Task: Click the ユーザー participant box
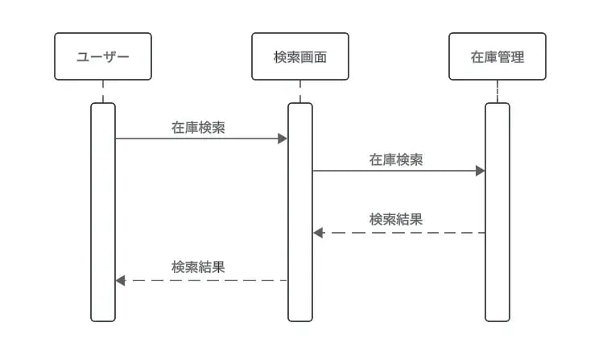pyautogui.click(x=103, y=56)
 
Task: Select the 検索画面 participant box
pyautogui.click(x=300, y=56)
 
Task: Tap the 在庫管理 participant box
pyautogui.click(x=497, y=56)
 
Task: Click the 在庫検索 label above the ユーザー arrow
pyautogui.click(x=198, y=126)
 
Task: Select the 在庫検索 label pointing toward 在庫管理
pyautogui.click(x=396, y=159)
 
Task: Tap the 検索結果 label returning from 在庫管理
pyautogui.click(x=396, y=219)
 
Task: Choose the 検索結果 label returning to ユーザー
pyautogui.click(x=198, y=267)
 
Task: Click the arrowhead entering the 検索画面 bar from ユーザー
pyautogui.click(x=283, y=139)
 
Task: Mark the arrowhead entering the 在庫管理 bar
pyautogui.click(x=481, y=171)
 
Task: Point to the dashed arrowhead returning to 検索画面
pyautogui.click(x=318, y=233)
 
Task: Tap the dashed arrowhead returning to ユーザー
pyautogui.click(x=121, y=280)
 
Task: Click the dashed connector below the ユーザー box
pyautogui.click(x=103, y=91)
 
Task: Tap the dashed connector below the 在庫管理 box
pyautogui.click(x=497, y=91)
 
